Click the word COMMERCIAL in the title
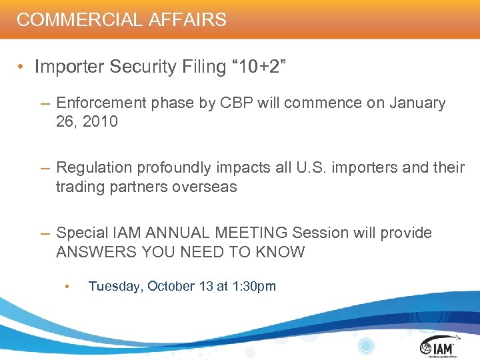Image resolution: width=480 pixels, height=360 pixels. coord(74,19)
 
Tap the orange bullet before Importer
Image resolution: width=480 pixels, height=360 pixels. coord(22,67)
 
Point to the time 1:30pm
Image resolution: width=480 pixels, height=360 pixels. coord(253,286)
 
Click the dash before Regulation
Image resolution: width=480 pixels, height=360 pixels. coord(45,167)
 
